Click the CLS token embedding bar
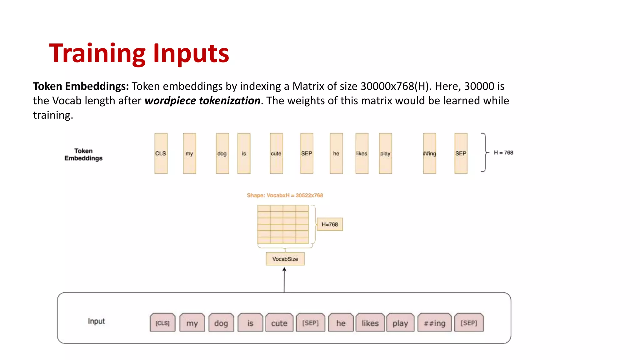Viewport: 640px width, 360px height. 161,153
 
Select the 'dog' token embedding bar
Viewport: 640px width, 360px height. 222,153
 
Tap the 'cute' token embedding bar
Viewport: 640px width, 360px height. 276,153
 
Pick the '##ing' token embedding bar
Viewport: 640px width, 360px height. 429,153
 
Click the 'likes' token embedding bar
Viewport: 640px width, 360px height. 362,153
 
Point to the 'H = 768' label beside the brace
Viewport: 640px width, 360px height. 503,152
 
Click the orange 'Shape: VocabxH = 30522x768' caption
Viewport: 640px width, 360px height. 285,195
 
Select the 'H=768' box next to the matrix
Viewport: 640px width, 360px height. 330,224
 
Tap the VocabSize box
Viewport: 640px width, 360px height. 285,259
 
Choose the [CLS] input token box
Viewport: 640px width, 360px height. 162,323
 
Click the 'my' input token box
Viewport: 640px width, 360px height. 192,323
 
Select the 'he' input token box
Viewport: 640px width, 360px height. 341,323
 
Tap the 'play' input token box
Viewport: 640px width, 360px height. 400,323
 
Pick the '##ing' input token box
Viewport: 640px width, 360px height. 435,323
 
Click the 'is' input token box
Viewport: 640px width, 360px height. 250,323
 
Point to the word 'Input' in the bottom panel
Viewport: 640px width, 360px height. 96,321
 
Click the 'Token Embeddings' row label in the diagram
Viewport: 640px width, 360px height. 83,154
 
